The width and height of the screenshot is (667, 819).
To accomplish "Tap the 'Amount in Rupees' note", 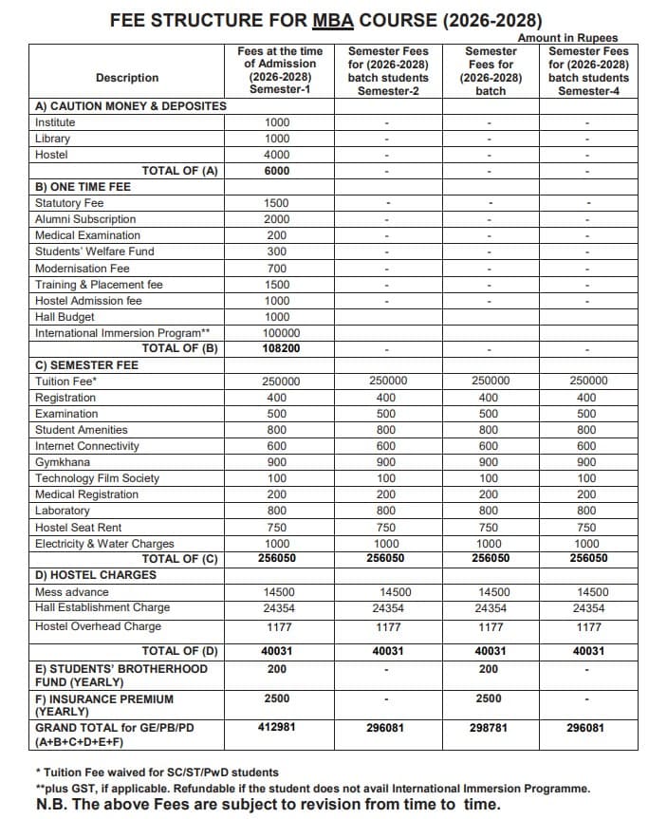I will (x=567, y=38).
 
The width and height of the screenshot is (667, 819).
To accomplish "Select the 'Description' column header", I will (x=127, y=78).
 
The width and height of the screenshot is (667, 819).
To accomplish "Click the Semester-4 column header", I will (x=588, y=70).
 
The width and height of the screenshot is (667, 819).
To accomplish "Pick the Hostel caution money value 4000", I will (x=277, y=155).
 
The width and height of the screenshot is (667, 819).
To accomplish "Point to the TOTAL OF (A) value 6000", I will (x=277, y=171).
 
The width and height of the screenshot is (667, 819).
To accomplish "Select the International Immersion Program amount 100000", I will (x=277, y=333).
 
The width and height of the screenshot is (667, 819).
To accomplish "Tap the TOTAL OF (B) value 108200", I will (x=277, y=348).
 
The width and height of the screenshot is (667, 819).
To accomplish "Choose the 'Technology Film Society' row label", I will (x=97, y=478).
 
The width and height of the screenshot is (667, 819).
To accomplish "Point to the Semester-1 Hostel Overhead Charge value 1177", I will (x=277, y=627).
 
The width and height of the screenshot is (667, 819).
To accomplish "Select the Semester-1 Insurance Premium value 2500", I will (x=277, y=699).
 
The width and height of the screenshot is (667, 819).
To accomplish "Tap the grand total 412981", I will (x=277, y=728).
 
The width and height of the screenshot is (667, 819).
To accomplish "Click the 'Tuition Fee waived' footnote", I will (x=157, y=772).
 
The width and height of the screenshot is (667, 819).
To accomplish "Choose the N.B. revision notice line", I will (x=268, y=804).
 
